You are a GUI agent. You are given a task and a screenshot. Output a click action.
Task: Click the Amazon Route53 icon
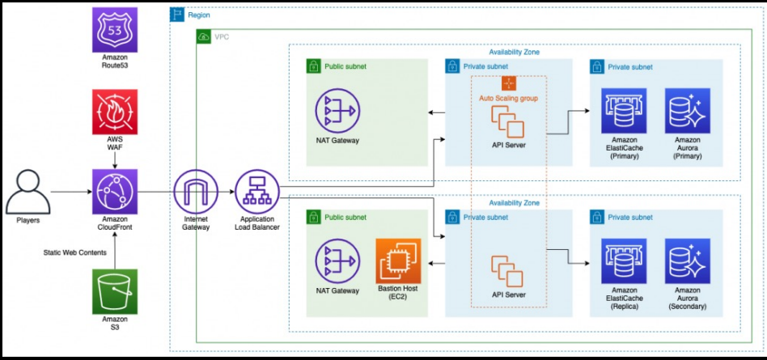114,31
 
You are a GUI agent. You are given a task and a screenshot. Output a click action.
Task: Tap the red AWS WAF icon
114,109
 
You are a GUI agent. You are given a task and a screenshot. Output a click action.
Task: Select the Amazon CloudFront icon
114,192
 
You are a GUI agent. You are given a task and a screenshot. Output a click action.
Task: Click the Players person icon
28,191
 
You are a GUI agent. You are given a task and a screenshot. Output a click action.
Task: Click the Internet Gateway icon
195,192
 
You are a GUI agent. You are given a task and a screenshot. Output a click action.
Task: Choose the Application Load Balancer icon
256,192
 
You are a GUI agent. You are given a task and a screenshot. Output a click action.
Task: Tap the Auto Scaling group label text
508,98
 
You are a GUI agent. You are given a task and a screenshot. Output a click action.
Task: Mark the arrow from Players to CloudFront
70,193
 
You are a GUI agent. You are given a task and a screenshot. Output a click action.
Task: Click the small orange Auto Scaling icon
509,83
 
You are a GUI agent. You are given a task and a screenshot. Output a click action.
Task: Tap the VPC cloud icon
203,37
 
